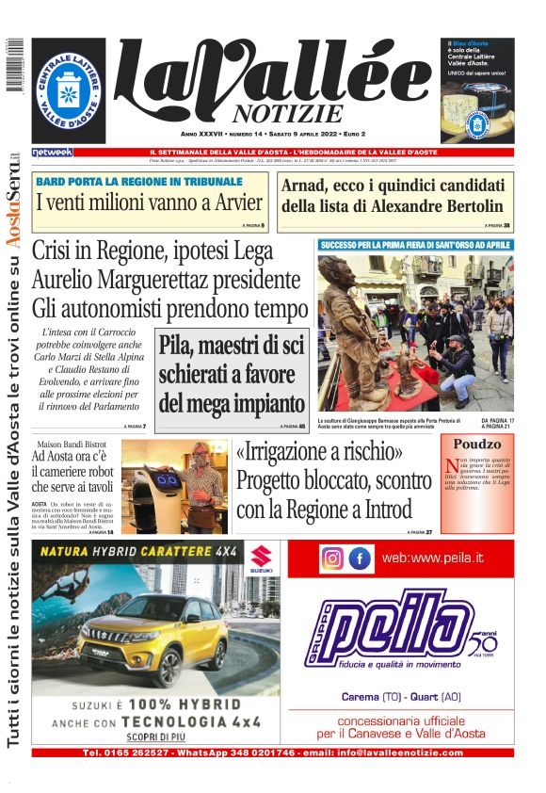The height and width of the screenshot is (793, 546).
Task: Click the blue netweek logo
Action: click(52, 152)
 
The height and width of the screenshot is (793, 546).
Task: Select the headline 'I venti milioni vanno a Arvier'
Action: click(136, 202)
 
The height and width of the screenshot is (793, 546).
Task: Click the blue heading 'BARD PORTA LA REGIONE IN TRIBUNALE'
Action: click(138, 182)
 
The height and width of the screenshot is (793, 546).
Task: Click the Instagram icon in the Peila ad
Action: click(332, 558)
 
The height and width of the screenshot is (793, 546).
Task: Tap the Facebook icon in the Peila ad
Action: click(360, 558)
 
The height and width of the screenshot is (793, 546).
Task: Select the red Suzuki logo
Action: click(261, 557)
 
